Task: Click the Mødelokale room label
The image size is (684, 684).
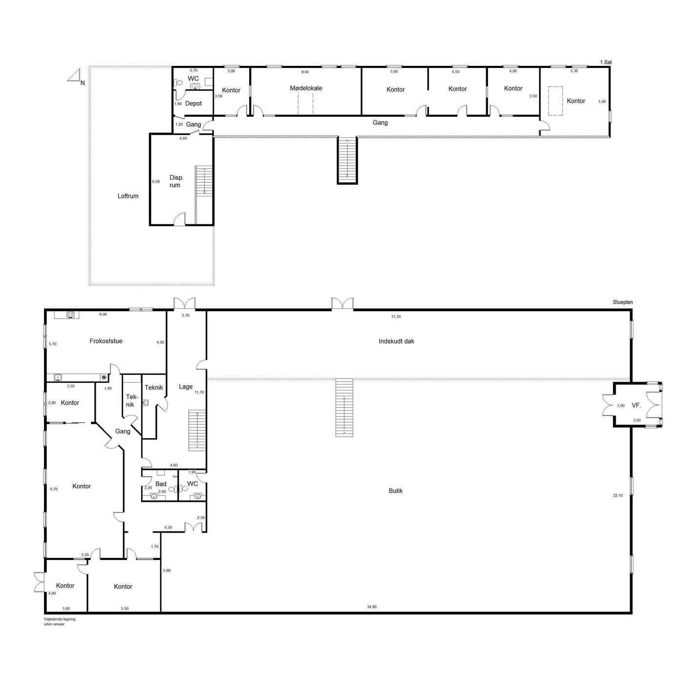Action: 306,88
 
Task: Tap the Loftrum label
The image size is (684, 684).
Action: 128,196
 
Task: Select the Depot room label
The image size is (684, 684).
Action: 193,103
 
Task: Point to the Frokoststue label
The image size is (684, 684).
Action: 106,341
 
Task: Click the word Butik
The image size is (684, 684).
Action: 395,491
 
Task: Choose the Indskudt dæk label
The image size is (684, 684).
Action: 396,341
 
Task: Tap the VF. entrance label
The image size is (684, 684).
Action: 637,405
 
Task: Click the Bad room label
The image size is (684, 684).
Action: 161,484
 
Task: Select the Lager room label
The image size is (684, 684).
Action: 186,386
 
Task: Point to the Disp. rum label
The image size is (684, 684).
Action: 176,181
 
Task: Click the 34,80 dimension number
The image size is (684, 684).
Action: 372,607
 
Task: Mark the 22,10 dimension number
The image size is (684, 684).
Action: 618,495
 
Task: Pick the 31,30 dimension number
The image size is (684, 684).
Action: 396,316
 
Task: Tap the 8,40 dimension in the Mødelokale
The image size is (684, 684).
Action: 305,72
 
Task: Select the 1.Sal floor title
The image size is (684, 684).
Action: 605,62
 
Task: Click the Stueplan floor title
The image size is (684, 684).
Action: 622,302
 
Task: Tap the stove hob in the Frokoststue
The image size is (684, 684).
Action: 70,315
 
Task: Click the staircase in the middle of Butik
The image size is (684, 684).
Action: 344,407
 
